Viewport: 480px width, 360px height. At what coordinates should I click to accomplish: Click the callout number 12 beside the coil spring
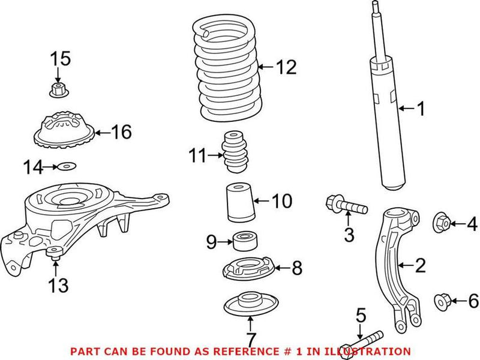[286, 68]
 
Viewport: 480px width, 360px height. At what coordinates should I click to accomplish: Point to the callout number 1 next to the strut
[421, 109]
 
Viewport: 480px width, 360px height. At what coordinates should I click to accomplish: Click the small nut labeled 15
[58, 91]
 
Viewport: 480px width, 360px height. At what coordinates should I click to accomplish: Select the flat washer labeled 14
[66, 166]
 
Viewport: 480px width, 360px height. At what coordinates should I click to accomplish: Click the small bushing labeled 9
[244, 241]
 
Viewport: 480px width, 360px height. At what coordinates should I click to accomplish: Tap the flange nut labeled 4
[442, 224]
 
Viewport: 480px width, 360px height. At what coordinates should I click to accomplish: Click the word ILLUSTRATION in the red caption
[367, 351]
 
